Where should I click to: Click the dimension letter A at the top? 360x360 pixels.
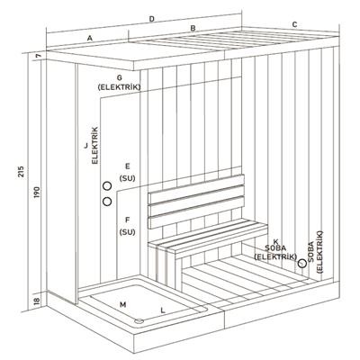[90, 40]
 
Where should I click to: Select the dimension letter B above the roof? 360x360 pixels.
[192, 29]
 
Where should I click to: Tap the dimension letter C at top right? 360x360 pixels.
[294, 23]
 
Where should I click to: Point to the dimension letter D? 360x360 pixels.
[151, 18]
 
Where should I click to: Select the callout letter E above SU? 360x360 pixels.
[127, 166]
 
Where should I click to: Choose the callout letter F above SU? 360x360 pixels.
[127, 220]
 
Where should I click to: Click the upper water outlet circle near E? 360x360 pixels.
[107, 186]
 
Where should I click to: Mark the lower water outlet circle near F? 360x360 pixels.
[107, 202]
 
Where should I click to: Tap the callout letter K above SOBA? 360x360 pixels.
[275, 241]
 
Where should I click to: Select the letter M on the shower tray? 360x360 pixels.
[122, 305]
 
